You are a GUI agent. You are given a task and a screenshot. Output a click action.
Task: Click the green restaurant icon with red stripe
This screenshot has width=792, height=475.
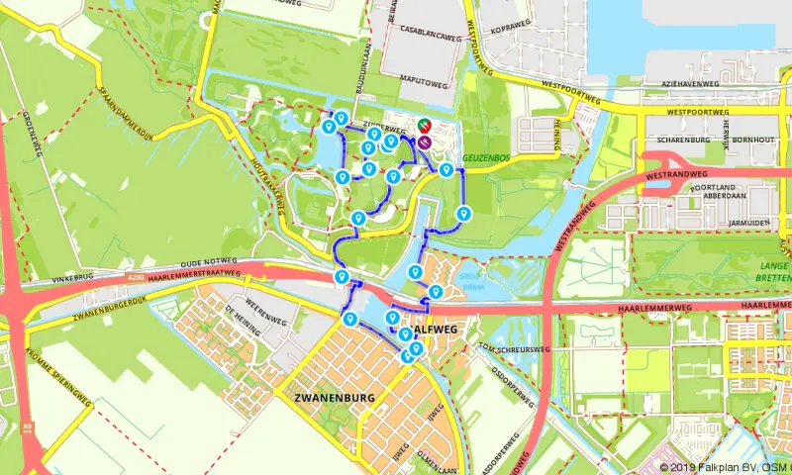point(424,126)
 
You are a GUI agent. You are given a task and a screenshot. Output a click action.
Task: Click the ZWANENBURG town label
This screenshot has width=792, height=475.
point(336,397)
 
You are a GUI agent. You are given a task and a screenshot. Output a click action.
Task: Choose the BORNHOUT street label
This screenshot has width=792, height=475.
point(753,140)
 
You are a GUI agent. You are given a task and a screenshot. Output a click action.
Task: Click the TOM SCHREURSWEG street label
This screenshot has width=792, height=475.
point(513,348)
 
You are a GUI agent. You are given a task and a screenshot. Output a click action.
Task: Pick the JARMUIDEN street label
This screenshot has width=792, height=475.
point(748,223)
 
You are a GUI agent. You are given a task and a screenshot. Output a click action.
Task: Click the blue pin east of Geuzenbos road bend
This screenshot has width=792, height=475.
point(462,213)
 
